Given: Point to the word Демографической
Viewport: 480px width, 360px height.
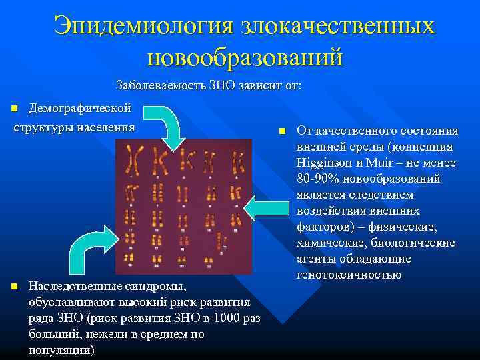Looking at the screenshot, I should (x=79, y=108).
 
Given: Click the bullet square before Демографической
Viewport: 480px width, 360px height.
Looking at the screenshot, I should (x=15, y=109).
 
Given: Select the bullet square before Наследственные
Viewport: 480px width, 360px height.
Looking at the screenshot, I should (x=15, y=287).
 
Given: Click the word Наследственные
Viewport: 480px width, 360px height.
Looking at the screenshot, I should (x=74, y=287).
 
